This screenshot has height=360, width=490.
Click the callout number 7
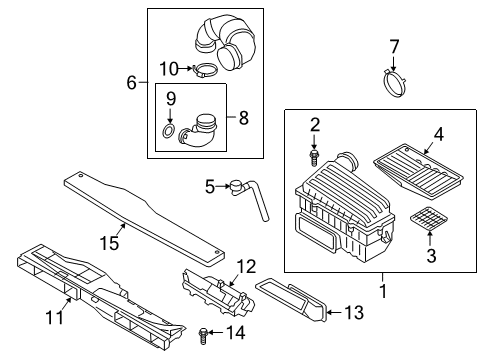pos(394,47)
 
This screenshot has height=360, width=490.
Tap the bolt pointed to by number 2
pos(313,157)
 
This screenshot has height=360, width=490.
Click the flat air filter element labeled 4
pos(419,171)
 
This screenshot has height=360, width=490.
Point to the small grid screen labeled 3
pos(428,218)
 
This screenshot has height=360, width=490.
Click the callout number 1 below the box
pos(383,291)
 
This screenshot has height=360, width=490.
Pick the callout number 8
pos(244,118)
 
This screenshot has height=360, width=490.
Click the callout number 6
pos(132,82)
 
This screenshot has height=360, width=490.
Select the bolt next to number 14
pos(203,335)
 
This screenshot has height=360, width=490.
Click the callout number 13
pos(354,313)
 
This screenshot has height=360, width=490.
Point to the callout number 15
pos(110,242)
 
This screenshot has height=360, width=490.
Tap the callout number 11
pos(55,317)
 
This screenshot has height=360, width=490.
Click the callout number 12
pos(246,267)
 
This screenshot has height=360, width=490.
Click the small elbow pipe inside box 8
pos(197,133)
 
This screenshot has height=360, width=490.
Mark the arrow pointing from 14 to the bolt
pos(217,332)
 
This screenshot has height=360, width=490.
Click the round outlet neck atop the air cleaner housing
pos(348,160)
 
